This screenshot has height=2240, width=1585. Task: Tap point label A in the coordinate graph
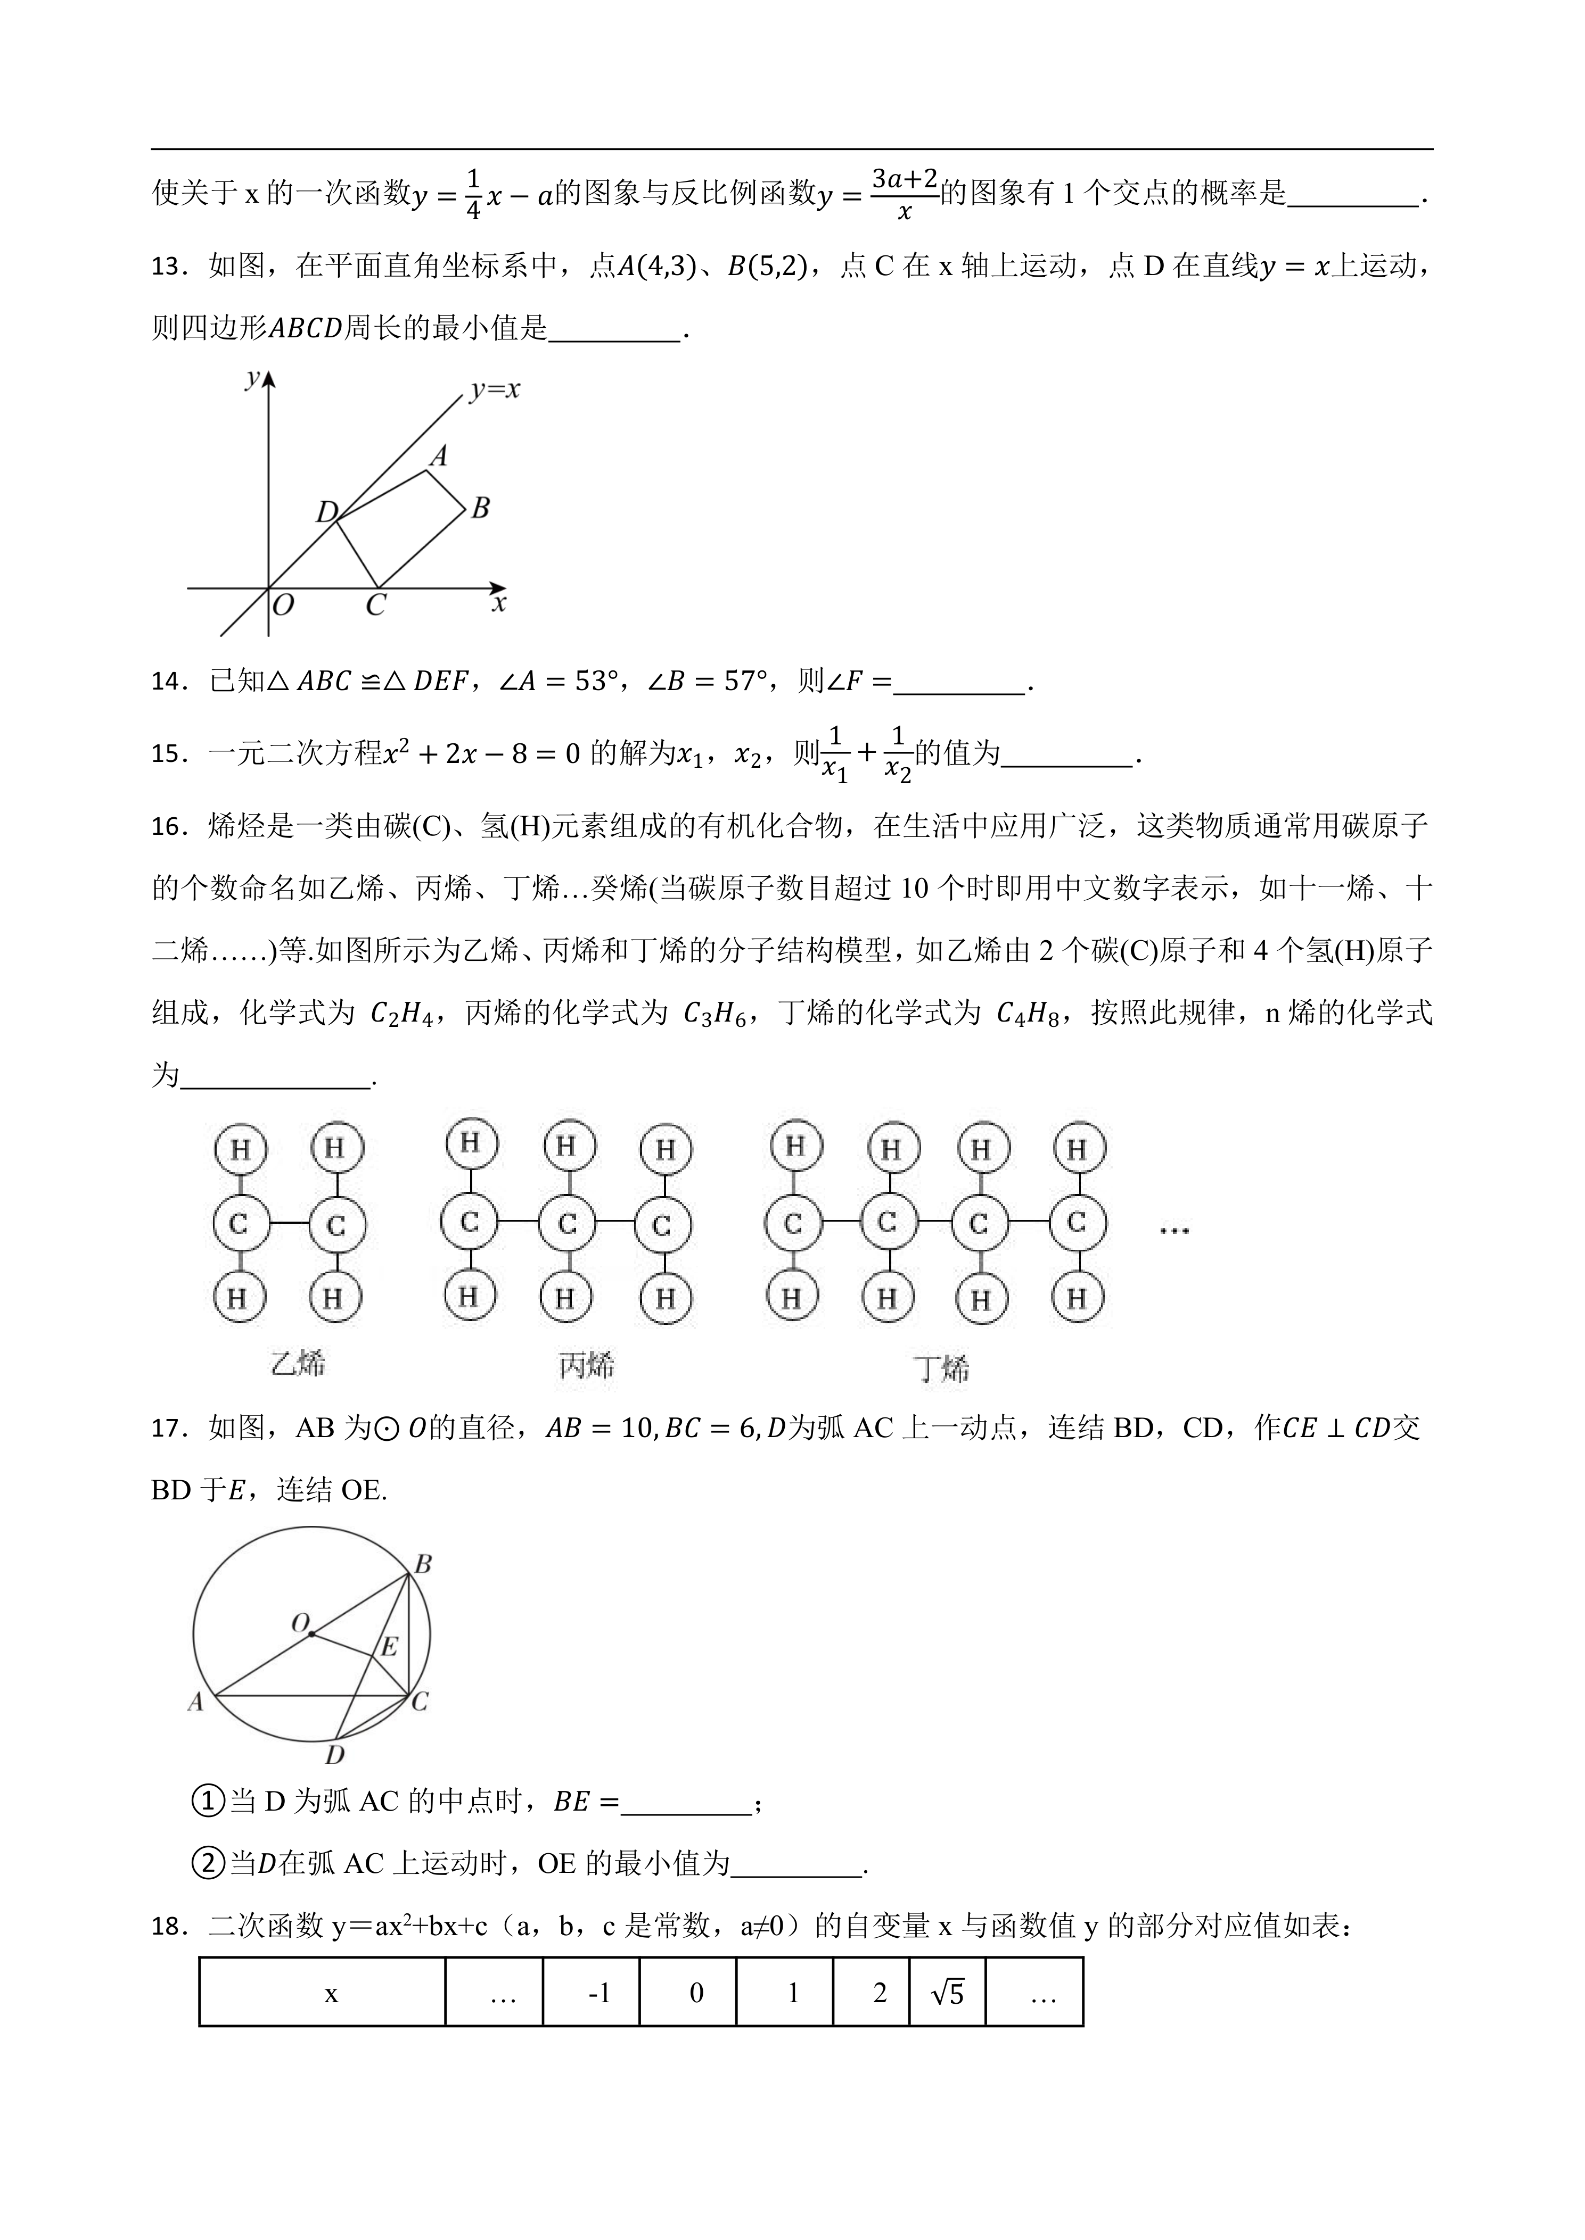[439, 455]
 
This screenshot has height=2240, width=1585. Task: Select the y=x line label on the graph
[495, 390]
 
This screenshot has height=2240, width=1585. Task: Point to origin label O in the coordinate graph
[283, 606]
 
